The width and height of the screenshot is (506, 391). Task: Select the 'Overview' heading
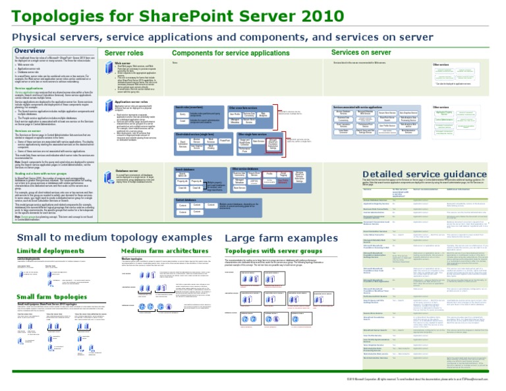[x=30, y=51]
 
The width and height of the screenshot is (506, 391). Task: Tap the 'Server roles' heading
[x=124, y=53]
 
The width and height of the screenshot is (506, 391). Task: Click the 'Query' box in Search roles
[x=183, y=115]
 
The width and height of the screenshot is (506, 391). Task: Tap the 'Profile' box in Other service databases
[x=269, y=175]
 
